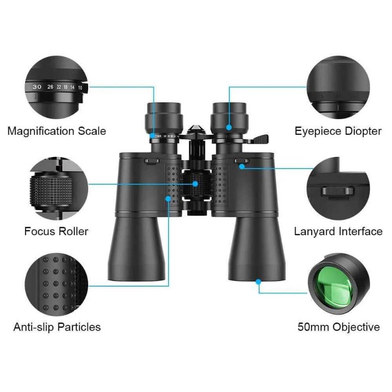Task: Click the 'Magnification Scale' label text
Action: (56, 131)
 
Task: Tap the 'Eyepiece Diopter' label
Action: (338, 131)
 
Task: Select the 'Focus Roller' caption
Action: (56, 231)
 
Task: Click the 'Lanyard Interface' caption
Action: (338, 231)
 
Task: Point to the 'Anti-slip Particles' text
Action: (57, 327)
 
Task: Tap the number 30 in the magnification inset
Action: (37, 86)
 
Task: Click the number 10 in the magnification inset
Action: (81, 88)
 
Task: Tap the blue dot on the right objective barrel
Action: (258, 281)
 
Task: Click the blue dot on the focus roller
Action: (196, 184)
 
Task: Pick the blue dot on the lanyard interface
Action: (242, 167)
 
